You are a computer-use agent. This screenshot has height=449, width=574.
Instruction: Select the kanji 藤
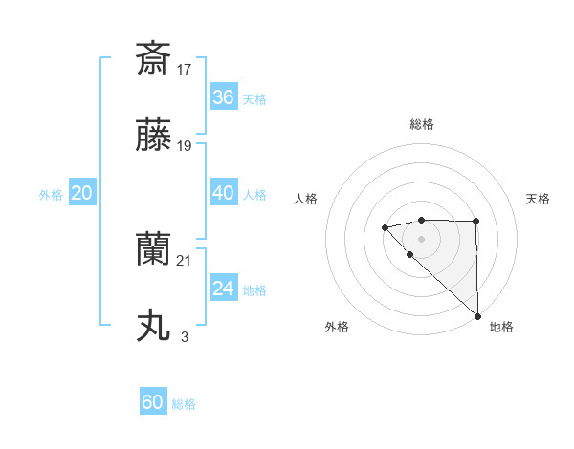(153, 136)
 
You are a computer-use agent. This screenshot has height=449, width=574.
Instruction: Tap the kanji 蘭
(153, 250)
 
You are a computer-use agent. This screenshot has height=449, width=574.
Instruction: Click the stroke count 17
(186, 69)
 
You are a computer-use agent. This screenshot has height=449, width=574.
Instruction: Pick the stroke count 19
(186, 146)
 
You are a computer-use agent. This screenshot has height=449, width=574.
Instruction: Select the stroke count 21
(186, 261)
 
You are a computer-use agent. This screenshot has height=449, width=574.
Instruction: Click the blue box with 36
(223, 96)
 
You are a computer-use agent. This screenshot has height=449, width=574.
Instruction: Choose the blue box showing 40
(223, 193)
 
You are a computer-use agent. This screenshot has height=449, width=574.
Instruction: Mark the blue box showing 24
(223, 289)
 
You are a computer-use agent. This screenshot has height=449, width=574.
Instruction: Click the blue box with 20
(82, 193)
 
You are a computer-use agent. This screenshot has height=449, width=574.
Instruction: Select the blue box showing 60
(153, 402)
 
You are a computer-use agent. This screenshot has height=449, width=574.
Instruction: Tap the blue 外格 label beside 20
(51, 195)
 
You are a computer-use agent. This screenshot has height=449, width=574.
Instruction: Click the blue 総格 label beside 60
(185, 404)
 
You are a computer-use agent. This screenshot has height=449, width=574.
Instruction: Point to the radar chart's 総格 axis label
(421, 124)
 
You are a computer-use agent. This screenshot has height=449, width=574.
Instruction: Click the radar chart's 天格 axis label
(539, 199)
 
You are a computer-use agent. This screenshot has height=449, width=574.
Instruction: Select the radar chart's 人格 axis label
(306, 199)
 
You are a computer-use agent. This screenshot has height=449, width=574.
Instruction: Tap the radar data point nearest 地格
(476, 316)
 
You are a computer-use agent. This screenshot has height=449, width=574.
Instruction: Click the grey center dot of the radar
(421, 238)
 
